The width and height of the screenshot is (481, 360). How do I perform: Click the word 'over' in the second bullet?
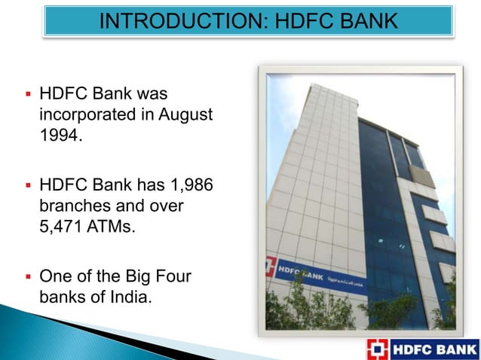tap(173, 204)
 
